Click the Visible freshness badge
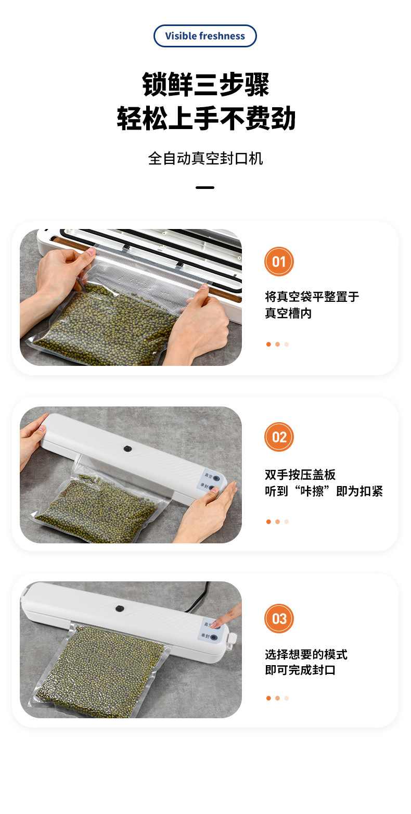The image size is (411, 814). pos(205,36)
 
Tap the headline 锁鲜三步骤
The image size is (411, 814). pos(205,85)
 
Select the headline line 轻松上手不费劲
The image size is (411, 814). pos(205,119)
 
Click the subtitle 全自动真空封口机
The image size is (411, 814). pos(205,158)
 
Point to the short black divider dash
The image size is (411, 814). pos(205,187)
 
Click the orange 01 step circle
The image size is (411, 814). pos(279,261)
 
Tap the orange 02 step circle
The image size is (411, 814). pos(279,437)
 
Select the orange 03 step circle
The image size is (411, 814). pos(279,618)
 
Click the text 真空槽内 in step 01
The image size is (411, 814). pos(288,313)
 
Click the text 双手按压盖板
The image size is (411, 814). pos(300,475)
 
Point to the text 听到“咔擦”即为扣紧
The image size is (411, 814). pos(324,491)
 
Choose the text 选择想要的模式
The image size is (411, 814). pos(306,654)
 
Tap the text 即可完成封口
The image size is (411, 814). pos(300,670)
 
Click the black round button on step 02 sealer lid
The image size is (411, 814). pos(126,448)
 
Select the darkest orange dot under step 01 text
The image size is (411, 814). pos(268,344)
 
